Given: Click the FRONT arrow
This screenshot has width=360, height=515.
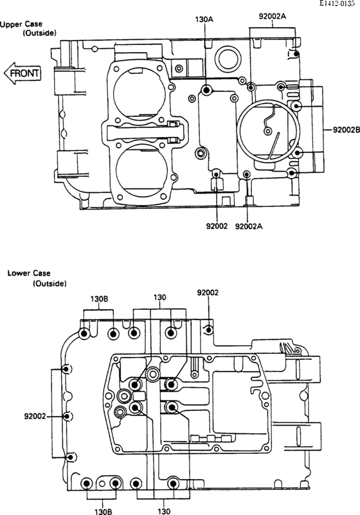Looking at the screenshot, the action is click(x=22, y=73).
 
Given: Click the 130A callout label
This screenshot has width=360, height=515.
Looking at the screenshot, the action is click(x=204, y=19).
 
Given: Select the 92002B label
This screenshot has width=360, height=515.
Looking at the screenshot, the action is click(x=346, y=129).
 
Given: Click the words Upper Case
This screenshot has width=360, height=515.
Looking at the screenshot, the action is click(x=21, y=24).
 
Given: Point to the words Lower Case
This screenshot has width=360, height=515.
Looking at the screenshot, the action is click(x=29, y=273).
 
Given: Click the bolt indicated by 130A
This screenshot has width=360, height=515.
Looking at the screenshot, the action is click(x=206, y=89).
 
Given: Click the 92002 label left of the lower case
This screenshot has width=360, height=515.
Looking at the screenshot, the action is click(x=35, y=417).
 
